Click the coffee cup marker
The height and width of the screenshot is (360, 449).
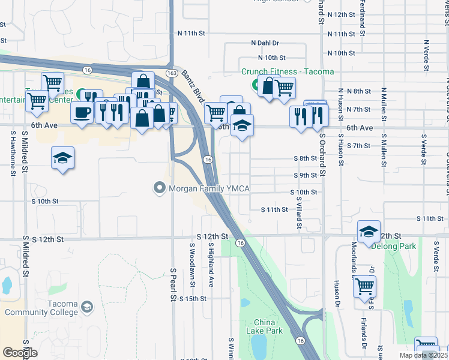point(82,112)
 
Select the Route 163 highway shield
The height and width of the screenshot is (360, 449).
point(172,73)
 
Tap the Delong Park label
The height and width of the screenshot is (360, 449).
point(393,246)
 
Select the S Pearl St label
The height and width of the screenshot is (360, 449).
point(173,284)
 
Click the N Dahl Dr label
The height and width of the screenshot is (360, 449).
point(265,43)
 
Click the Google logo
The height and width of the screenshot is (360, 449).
point(20,352)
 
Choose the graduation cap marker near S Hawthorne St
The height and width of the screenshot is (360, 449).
point(62,158)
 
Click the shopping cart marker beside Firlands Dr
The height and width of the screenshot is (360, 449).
point(365,287)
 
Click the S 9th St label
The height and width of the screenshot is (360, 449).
point(305,175)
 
